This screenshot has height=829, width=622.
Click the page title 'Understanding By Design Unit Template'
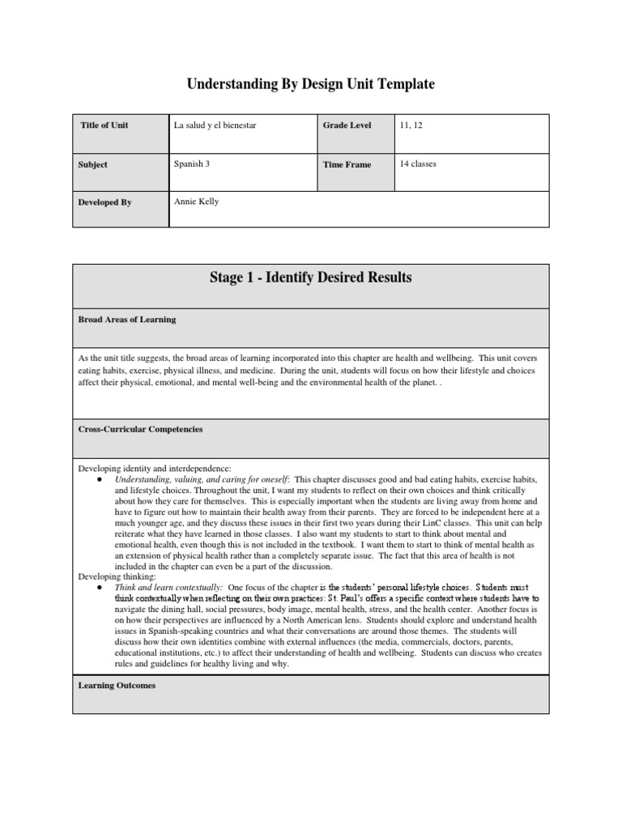coord(311,84)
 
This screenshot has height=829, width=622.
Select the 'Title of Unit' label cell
coord(104,125)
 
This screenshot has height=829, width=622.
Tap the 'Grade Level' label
coord(347,125)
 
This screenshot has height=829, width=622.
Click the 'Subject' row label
coord(93,164)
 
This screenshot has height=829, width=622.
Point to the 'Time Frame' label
coord(347,164)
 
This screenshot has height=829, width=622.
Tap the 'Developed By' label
coord(105,202)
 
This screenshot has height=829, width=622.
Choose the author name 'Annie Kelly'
coord(196,202)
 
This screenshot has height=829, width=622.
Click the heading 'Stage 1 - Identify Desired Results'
coord(311,278)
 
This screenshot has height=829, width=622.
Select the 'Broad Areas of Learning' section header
coord(126,320)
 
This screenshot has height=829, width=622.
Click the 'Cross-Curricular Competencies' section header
coord(140,430)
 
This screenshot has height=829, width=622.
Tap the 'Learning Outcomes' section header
coord(117,685)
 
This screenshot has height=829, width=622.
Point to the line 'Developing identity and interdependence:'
coord(154,468)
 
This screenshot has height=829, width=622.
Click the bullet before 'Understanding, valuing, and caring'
coord(98,479)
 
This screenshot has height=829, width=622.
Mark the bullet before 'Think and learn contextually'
coord(98,586)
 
